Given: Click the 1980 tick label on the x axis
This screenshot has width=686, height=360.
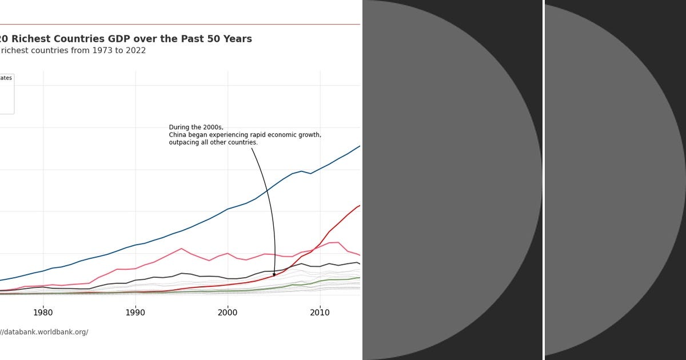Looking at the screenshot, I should [43, 312].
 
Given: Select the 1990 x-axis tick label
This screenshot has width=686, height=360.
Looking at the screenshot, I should [135, 312].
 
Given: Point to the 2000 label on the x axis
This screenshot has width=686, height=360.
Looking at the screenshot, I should [228, 312].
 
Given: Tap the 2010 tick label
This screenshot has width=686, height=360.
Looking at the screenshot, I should [320, 312].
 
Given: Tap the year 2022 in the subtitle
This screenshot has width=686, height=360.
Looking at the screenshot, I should [134, 51].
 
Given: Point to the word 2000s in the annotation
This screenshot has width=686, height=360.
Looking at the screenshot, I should [213, 127].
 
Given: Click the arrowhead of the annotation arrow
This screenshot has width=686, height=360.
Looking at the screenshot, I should [274, 275].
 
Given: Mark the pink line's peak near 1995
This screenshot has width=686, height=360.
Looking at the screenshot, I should [181, 249].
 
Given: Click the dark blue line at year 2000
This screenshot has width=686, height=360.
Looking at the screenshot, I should [228, 209].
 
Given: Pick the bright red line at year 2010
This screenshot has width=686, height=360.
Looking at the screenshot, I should [320, 244].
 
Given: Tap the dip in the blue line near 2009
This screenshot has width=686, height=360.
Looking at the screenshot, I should [310, 174].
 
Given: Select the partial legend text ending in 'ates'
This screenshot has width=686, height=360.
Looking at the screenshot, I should [6, 78].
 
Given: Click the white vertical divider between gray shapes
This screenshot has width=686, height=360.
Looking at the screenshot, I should [544, 180].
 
